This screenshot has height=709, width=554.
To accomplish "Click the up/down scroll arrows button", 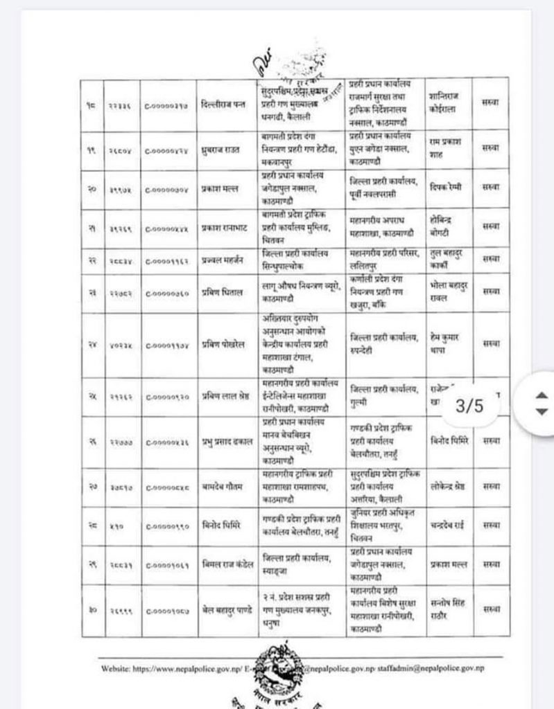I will (540, 403).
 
